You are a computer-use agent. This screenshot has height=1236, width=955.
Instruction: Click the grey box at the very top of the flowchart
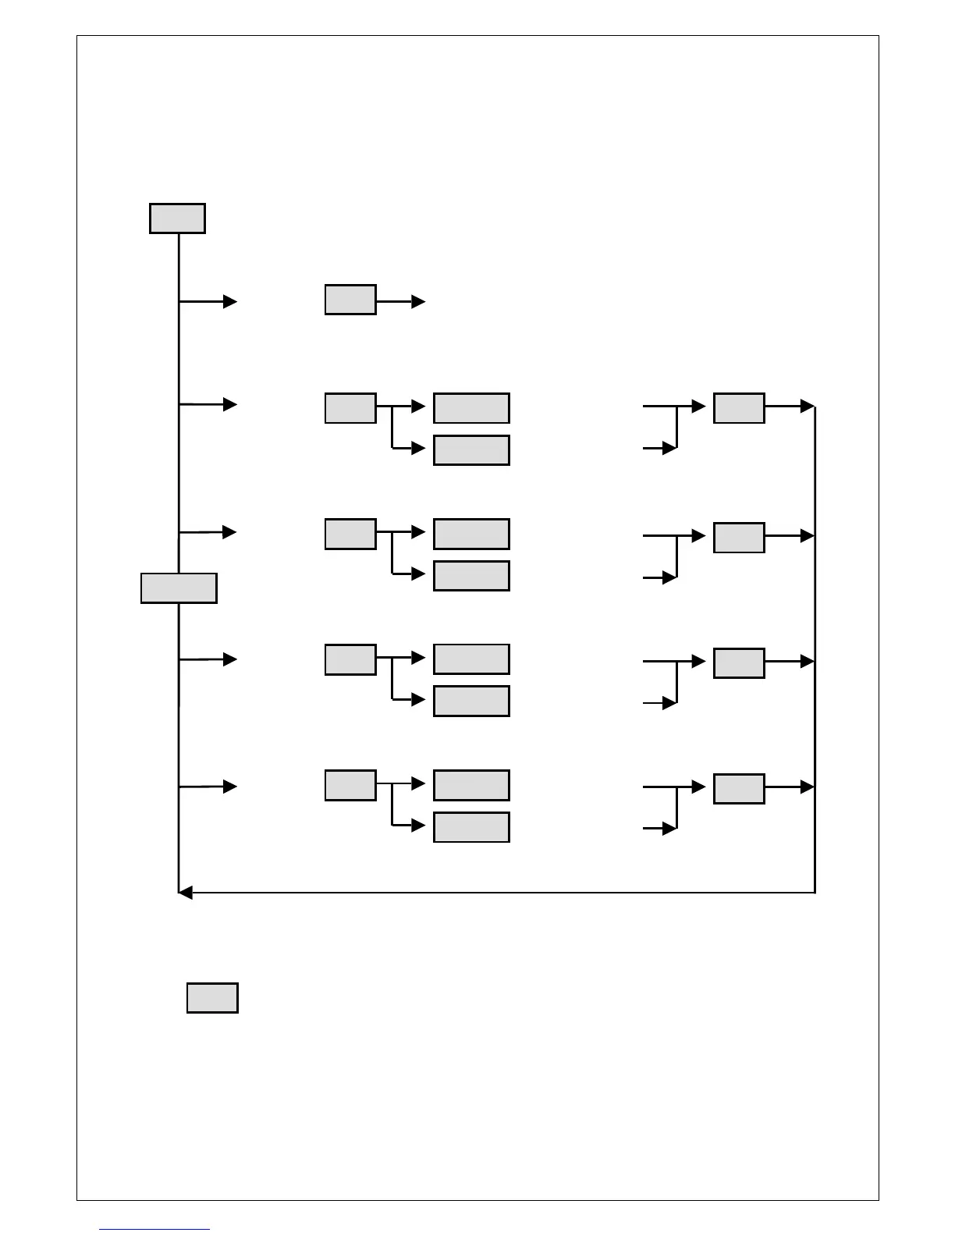pyautogui.click(x=177, y=218)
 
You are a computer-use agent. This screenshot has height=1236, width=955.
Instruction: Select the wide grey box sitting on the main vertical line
pyautogui.click(x=179, y=588)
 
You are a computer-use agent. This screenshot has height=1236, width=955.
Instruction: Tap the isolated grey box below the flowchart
pyautogui.click(x=212, y=998)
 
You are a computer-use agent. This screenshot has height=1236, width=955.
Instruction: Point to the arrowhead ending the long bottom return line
pyautogui.click(x=185, y=893)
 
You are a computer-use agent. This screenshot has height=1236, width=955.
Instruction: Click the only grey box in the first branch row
pyautogui.click(x=350, y=300)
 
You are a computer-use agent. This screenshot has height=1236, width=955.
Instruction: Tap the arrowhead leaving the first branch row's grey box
pyautogui.click(x=419, y=301)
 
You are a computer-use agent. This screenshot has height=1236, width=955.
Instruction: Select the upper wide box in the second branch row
pyautogui.click(x=471, y=408)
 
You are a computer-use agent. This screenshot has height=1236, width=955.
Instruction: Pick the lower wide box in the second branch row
pyautogui.click(x=471, y=450)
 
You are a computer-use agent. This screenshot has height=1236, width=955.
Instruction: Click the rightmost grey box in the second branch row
pyautogui.click(x=739, y=408)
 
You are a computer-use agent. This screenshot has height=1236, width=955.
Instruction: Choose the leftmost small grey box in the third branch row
pyautogui.click(x=350, y=534)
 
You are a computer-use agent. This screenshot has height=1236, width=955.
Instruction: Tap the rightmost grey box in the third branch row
pyautogui.click(x=739, y=538)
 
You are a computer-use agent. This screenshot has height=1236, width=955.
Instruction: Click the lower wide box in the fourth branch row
pyautogui.click(x=471, y=701)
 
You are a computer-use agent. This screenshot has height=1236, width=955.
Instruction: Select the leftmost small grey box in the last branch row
pyautogui.click(x=350, y=785)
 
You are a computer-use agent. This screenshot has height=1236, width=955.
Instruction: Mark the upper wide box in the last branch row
pyautogui.click(x=471, y=785)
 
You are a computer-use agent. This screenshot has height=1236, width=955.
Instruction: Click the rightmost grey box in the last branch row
pyautogui.click(x=739, y=789)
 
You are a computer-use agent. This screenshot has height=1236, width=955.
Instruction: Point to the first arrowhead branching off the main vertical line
pyautogui.click(x=230, y=301)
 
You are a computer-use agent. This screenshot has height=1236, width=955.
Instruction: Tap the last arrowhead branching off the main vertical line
pyautogui.click(x=230, y=787)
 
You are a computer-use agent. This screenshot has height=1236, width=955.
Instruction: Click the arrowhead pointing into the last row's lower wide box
pyautogui.click(x=419, y=826)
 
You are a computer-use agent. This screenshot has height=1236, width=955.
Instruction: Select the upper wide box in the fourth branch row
pyautogui.click(x=471, y=659)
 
